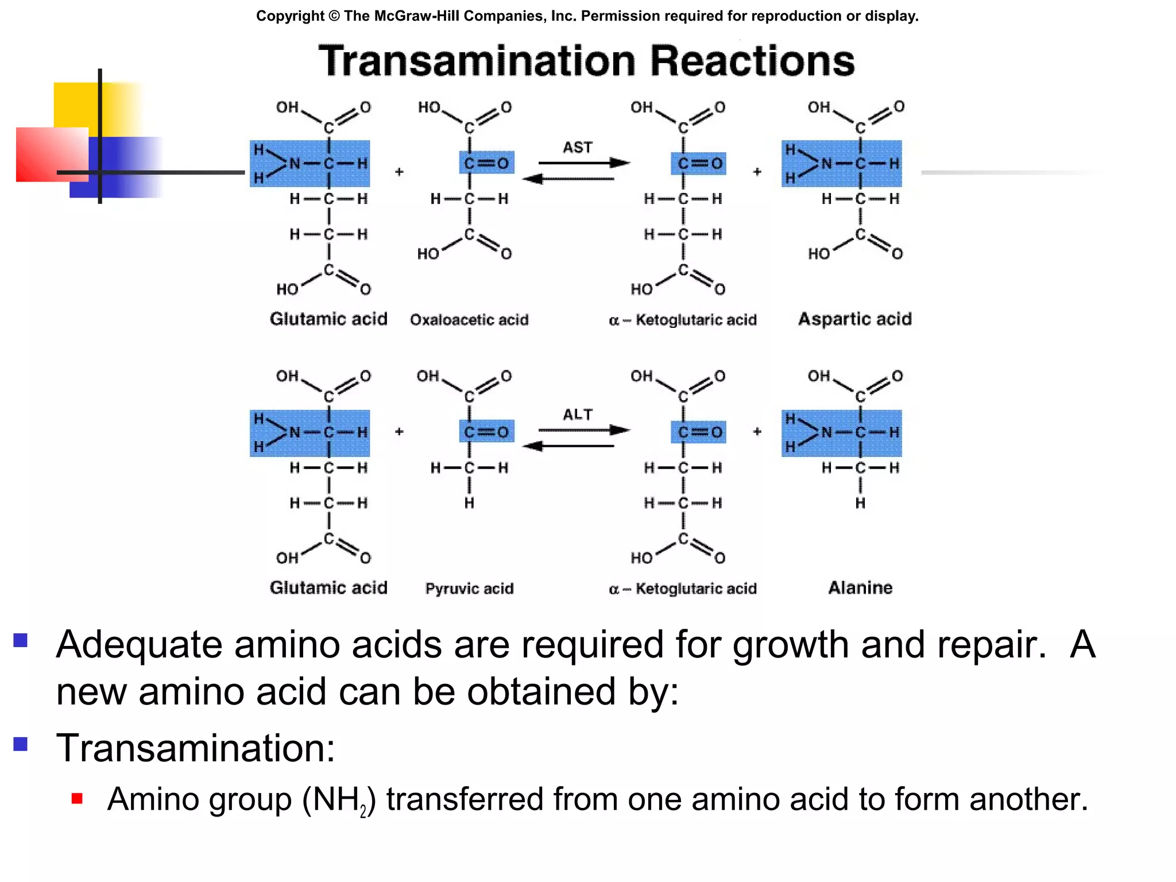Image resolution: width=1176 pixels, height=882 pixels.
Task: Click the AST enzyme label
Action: [577, 148]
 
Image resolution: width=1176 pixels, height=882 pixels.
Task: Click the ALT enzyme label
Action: [577, 415]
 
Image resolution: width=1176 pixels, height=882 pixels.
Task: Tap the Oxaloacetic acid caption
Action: [469, 320]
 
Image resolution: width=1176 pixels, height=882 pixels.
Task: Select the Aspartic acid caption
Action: [854, 319]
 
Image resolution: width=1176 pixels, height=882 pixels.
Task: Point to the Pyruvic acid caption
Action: [469, 589]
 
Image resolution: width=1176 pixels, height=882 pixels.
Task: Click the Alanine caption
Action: [860, 588]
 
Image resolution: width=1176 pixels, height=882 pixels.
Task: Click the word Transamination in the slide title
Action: [477, 61]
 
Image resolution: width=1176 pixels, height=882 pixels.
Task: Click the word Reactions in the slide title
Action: [752, 61]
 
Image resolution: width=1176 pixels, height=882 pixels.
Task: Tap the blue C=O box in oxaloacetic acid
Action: [486, 163]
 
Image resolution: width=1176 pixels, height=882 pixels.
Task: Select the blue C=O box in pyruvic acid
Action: [486, 432]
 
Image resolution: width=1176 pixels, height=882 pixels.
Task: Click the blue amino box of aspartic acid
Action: [841, 164]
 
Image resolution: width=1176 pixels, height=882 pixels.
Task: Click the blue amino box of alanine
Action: [841, 433]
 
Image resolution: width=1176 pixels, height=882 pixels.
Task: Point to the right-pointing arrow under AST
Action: [583, 163]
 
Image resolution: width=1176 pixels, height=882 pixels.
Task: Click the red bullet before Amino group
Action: [78, 799]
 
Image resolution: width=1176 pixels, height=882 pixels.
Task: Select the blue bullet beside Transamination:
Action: [21, 744]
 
